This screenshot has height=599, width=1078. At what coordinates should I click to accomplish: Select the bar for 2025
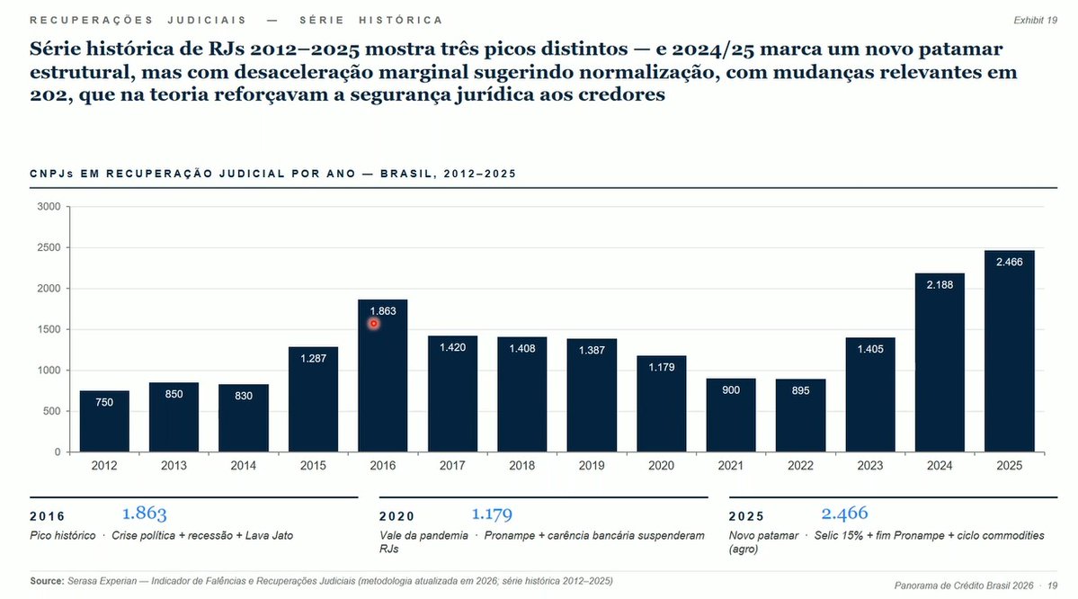click(x=1009, y=360)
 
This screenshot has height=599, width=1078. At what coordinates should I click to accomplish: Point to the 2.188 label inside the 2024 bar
click(x=940, y=284)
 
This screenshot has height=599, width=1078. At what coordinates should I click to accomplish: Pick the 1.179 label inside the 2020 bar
click(x=661, y=366)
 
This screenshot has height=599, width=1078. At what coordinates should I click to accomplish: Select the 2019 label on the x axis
click(x=591, y=466)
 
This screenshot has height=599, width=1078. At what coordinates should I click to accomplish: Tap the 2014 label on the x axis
click(x=243, y=466)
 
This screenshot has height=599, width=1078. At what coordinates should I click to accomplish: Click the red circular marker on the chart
click(x=374, y=324)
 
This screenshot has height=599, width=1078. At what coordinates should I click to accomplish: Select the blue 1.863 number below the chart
click(x=145, y=514)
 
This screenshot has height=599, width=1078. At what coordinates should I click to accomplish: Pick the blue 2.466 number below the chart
click(x=844, y=514)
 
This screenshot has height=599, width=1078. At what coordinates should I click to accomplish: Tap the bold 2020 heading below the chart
click(x=396, y=516)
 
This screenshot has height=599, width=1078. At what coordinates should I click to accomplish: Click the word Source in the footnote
click(x=47, y=581)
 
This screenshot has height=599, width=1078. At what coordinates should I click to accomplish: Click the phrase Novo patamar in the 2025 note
click(x=763, y=535)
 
